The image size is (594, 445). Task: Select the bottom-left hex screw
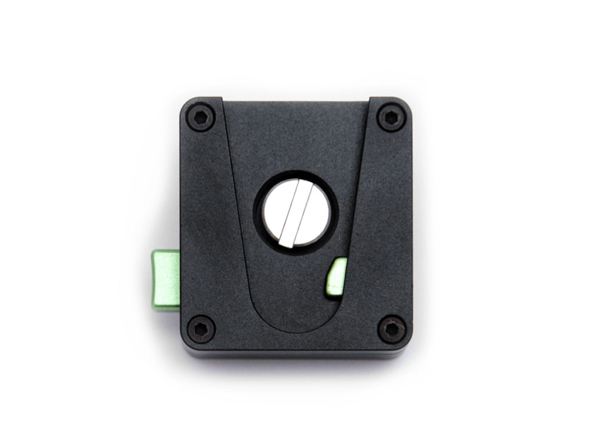click(201, 327)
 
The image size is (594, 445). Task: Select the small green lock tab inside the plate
click(337, 276)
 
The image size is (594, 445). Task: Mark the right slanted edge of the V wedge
click(354, 203)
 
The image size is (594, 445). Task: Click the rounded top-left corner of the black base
click(186, 104)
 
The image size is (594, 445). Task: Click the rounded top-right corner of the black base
click(405, 104)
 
